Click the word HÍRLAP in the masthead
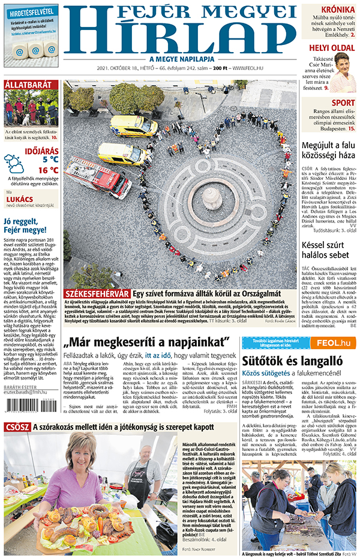[180, 37]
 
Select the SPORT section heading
[343, 102]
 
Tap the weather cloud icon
[13, 164]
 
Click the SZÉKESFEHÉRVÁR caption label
[97, 294]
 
